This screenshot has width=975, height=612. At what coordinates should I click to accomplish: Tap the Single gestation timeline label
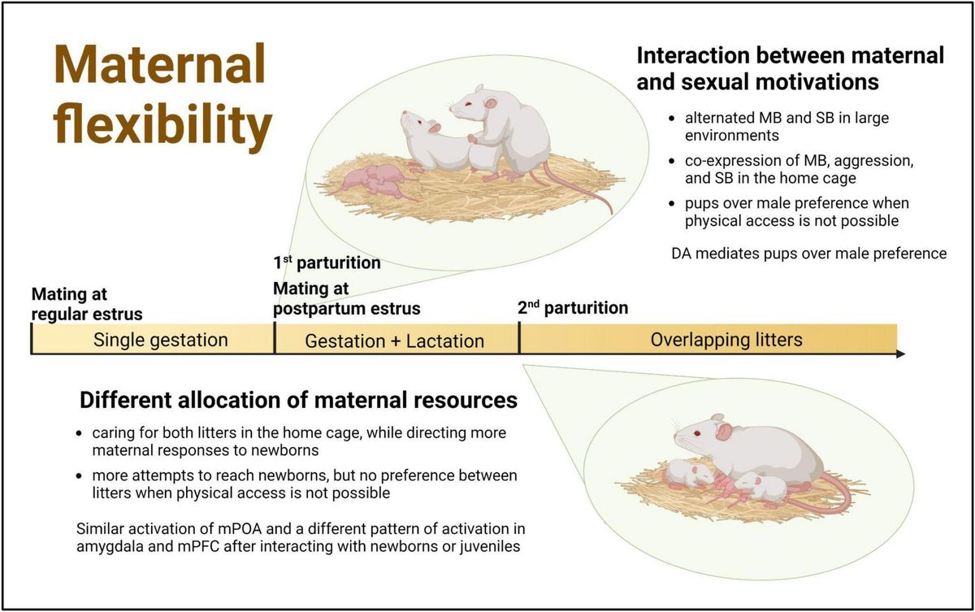tap(160, 339)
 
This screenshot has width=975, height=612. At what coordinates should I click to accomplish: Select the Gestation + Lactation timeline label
tap(394, 341)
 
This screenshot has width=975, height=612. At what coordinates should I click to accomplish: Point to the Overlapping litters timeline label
tap(726, 339)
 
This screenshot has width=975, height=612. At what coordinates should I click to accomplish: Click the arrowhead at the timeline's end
tap(899, 354)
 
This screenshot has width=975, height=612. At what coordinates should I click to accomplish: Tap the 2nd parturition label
tap(572, 308)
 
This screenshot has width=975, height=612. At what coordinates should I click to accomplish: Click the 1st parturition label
tap(327, 263)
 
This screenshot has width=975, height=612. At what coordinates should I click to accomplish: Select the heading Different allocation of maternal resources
tap(298, 400)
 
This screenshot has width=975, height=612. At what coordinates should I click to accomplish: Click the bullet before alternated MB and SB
tap(670, 119)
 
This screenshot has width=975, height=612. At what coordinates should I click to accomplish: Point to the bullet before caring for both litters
tap(78, 434)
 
